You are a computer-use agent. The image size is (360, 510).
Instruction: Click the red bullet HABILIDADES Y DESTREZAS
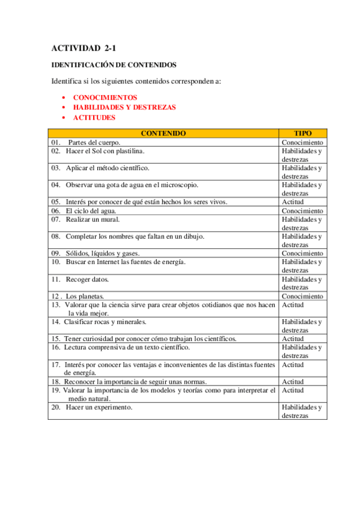point(124,107)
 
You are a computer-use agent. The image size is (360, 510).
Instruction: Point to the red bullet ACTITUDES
point(94,117)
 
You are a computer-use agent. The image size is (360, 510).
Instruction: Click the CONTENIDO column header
point(163,134)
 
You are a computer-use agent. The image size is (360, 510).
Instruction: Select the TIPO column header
point(303,134)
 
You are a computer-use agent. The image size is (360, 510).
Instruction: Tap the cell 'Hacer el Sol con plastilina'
point(105,151)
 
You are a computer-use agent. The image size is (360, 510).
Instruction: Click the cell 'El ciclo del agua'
point(91,211)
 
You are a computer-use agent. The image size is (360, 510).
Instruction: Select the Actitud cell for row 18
point(293,382)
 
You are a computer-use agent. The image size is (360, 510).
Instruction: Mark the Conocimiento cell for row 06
point(302,211)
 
